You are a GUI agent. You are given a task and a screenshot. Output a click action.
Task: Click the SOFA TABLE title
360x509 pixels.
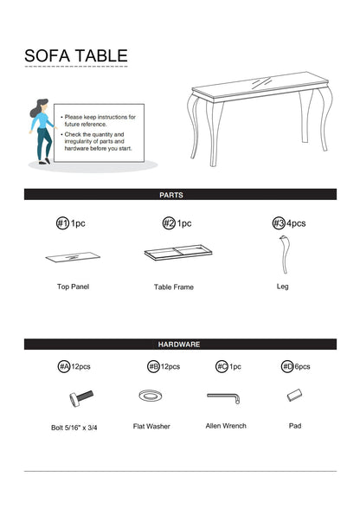(x=76, y=55)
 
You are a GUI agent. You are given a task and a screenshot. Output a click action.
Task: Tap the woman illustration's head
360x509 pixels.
(x=42, y=106)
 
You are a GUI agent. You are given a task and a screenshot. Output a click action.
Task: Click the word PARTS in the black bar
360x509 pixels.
(x=171, y=195)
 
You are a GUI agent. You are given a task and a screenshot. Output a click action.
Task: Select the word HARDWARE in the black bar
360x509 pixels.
(x=179, y=345)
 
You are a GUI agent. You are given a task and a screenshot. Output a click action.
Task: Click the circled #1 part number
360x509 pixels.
(x=62, y=223)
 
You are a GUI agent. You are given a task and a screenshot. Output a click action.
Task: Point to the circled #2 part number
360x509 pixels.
(x=169, y=223)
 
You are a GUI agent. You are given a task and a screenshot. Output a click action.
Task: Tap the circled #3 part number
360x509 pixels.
(x=279, y=223)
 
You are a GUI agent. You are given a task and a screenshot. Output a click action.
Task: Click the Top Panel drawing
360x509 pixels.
(x=73, y=257)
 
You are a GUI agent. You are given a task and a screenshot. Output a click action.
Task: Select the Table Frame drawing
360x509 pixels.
(x=178, y=252)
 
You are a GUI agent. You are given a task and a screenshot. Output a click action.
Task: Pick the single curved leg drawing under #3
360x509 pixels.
(x=285, y=254)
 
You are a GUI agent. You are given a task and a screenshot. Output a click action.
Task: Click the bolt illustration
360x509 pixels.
(x=81, y=397)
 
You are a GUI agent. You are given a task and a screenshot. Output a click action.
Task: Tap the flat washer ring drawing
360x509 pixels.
(x=151, y=396)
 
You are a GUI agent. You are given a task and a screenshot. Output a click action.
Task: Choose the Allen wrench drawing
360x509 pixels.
(x=224, y=397)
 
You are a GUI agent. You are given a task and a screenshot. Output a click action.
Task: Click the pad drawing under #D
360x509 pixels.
(x=294, y=395)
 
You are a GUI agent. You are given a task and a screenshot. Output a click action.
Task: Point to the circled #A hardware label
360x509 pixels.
(x=64, y=366)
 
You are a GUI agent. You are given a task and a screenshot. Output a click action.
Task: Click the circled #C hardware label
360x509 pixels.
(x=222, y=366)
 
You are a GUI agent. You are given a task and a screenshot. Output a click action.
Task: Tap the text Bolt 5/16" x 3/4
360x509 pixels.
(x=74, y=428)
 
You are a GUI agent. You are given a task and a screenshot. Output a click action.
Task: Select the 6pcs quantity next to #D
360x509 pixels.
(x=302, y=366)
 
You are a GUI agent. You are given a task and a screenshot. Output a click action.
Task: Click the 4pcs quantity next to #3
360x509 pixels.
(x=296, y=223)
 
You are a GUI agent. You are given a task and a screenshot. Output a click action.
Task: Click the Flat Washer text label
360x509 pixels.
(x=151, y=426)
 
